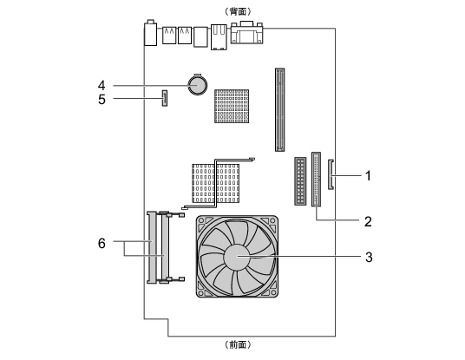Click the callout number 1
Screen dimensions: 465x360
click(x=368, y=176)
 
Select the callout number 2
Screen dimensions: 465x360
click(x=368, y=221)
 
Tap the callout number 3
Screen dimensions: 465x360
click(x=369, y=257)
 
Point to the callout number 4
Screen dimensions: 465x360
click(x=102, y=85)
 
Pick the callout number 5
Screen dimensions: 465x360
click(x=102, y=100)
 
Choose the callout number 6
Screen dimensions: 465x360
click(x=102, y=244)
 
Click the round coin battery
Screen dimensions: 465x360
click(x=197, y=85)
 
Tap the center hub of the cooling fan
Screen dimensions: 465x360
click(x=237, y=257)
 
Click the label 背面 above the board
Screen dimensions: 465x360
click(x=238, y=11)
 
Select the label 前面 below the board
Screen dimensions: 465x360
click(x=238, y=344)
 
